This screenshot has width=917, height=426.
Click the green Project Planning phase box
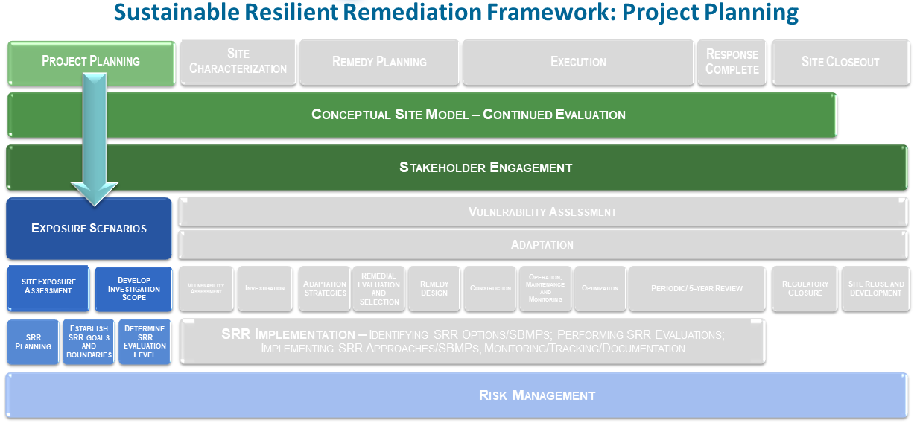point(91,62)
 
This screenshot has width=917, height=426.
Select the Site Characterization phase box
point(238,62)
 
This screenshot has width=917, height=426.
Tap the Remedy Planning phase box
point(379,62)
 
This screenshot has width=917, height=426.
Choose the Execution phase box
point(578,62)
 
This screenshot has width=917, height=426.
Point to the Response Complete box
point(732,62)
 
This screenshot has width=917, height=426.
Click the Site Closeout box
point(840,62)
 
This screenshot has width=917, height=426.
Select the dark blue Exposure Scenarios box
point(89,229)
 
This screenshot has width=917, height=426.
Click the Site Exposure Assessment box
point(48,287)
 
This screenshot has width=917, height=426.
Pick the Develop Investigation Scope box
point(133,288)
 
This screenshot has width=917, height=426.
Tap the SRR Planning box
point(34,342)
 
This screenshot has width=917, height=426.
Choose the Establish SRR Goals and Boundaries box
point(89,342)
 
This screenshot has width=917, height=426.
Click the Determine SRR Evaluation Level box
point(145,342)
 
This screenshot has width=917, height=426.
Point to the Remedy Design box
point(434,288)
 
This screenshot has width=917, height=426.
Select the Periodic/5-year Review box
point(697,288)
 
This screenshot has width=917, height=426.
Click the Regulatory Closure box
point(805,288)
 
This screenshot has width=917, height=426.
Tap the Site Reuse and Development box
point(875,288)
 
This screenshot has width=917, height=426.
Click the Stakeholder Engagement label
point(486,168)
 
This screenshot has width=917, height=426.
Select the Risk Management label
point(536,395)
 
